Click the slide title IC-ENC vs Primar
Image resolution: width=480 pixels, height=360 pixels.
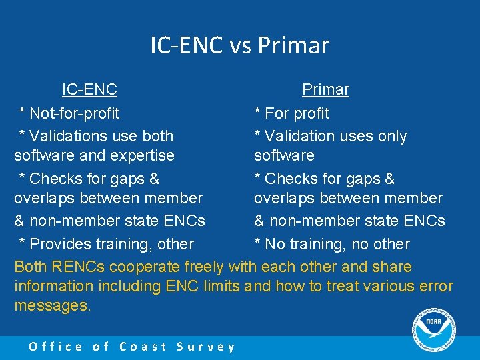click(x=239, y=45)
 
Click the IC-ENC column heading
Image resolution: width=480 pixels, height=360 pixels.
click(x=89, y=89)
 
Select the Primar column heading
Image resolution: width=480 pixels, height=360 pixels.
click(x=325, y=89)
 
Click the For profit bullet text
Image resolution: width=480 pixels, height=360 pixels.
click(x=297, y=113)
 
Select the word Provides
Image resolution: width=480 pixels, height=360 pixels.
click(x=62, y=245)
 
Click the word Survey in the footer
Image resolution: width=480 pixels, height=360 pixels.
click(x=206, y=347)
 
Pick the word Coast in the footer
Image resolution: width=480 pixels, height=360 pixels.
click(x=143, y=347)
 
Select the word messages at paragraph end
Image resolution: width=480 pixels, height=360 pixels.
click(x=51, y=306)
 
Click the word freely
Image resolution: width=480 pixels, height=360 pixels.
click(x=205, y=267)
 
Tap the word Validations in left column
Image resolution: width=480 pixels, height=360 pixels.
click(x=69, y=136)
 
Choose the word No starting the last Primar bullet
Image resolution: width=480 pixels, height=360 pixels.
click(x=274, y=245)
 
